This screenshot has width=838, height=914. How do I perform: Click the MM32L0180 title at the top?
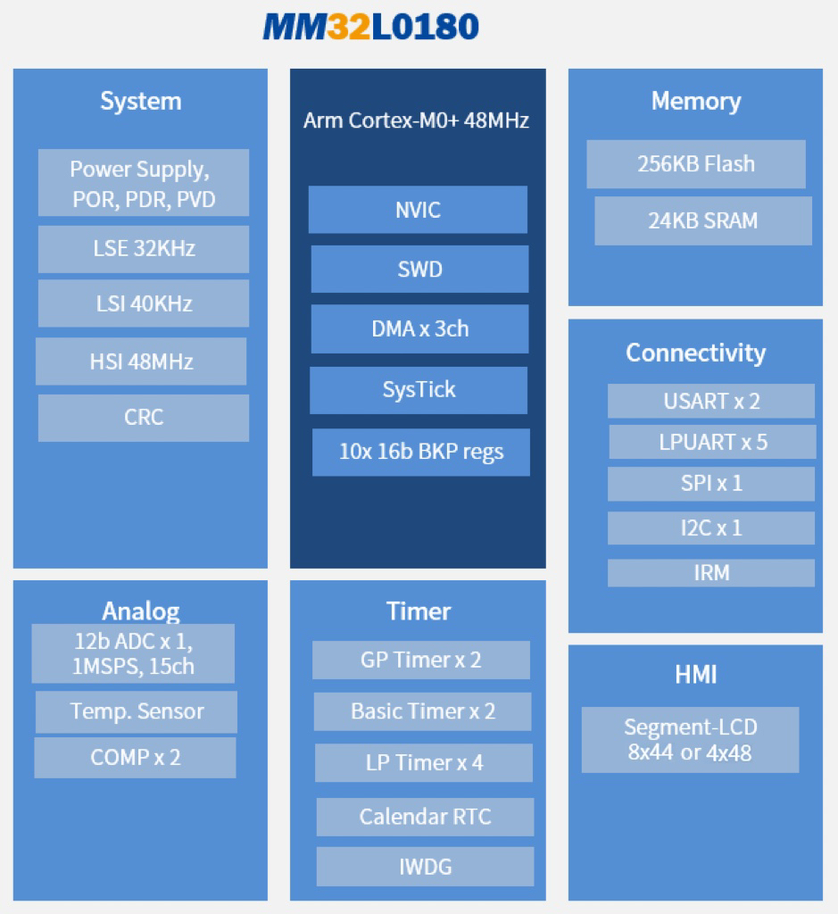[x=370, y=27]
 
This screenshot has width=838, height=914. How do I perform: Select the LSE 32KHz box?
[x=144, y=249]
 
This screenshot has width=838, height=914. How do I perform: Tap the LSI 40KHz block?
[x=144, y=303]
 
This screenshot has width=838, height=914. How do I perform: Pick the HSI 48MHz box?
[x=141, y=361]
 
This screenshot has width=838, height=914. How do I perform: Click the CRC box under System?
[x=144, y=418]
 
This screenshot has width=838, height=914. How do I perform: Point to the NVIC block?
[x=418, y=210]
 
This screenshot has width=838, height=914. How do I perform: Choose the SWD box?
[x=419, y=270]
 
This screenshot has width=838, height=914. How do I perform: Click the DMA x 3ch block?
[x=419, y=328]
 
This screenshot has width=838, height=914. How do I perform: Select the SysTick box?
[x=419, y=390]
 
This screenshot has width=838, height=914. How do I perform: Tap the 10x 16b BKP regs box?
[x=420, y=453]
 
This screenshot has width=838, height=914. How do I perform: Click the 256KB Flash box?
[x=696, y=164]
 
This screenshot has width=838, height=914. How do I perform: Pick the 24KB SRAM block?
[x=703, y=221]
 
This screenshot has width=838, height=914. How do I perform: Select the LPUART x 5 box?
[x=712, y=442]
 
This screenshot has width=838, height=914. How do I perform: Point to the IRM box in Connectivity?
[x=711, y=573]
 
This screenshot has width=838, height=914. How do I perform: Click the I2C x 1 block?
[x=711, y=528]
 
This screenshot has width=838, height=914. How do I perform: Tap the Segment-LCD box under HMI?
[x=690, y=740]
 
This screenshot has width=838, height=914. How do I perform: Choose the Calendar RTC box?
[x=425, y=817]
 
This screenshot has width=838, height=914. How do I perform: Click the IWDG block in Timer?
[x=425, y=867]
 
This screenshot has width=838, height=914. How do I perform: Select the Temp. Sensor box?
[x=137, y=711]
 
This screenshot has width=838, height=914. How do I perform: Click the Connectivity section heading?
[x=696, y=353]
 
